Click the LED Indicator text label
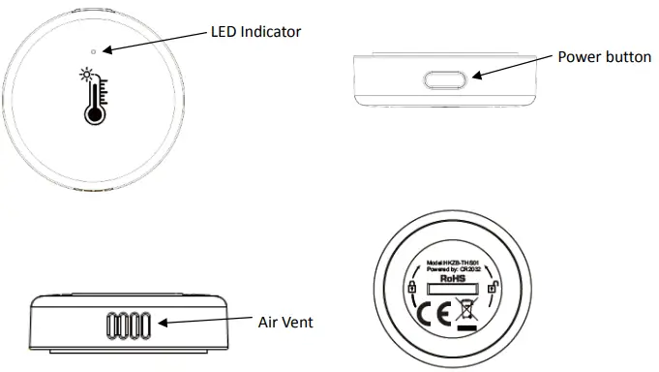click(255, 32)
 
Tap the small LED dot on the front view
click(93, 49)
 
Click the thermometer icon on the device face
click(92, 97)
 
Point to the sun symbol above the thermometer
click(84, 74)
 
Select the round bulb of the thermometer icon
click(93, 114)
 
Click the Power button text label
click(604, 57)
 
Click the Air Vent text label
click(285, 321)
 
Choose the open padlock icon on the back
click(493, 286)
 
